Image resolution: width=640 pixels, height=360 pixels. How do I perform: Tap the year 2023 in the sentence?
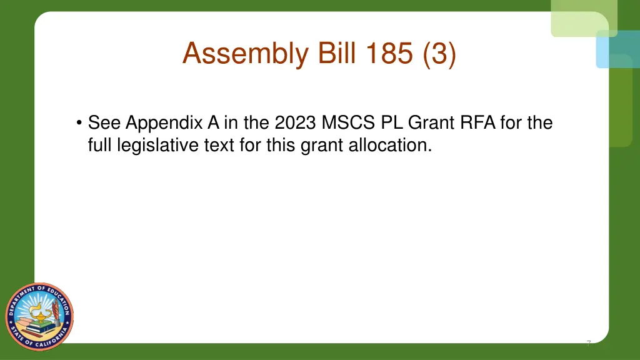click(295, 122)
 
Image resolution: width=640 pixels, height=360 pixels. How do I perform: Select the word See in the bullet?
click(104, 122)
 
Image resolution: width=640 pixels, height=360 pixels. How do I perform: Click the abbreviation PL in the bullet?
click(392, 122)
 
